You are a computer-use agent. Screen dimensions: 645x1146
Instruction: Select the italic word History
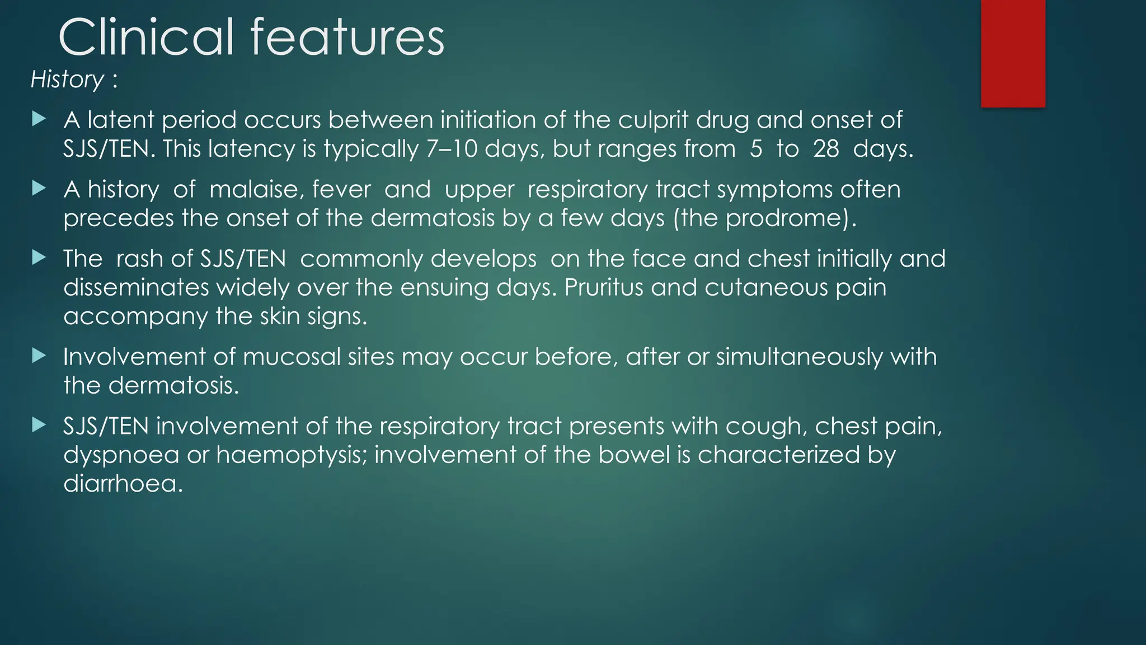[67, 80]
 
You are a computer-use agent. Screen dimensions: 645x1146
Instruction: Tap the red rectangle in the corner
[1013, 53]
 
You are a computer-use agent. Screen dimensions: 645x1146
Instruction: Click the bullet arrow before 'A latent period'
[39, 119]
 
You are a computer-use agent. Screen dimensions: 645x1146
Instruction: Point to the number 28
[826, 149]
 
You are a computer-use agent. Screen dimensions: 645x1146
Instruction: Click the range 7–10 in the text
[452, 149]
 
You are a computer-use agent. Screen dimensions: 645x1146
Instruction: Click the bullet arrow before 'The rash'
[39, 258]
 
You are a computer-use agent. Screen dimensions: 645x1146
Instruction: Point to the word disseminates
[136, 287]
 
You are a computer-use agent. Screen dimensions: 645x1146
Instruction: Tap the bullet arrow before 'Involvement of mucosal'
[39, 356]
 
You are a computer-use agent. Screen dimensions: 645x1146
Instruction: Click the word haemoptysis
[291, 455]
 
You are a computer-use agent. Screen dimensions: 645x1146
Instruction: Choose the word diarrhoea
[123, 483]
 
